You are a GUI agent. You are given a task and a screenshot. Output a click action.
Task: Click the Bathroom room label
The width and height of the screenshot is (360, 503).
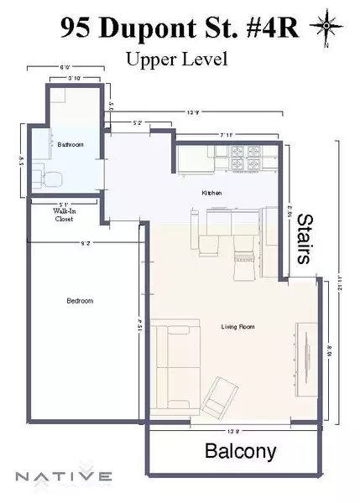coord(70,145)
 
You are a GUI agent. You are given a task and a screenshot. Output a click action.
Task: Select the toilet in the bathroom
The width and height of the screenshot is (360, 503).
coord(47,176)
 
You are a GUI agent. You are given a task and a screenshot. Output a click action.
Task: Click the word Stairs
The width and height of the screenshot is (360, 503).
coord(305,239)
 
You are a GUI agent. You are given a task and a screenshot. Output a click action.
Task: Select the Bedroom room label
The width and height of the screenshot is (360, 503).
coord(80,301)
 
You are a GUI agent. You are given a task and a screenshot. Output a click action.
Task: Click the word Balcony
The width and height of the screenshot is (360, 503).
coord(241,452)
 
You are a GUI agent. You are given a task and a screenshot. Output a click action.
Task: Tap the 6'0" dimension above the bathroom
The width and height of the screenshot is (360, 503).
coord(65,68)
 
